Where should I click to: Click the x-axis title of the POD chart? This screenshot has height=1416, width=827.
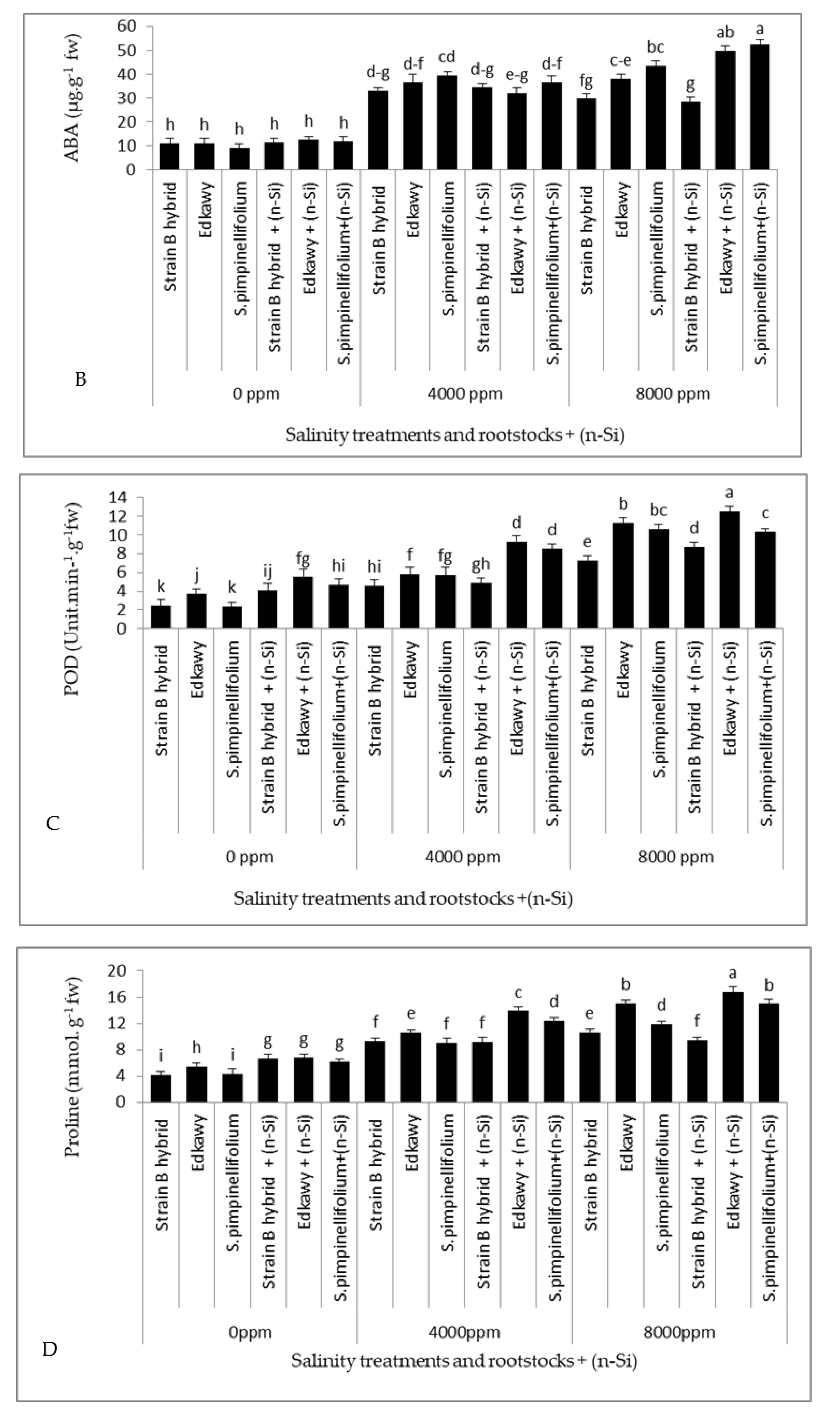(403, 899)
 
